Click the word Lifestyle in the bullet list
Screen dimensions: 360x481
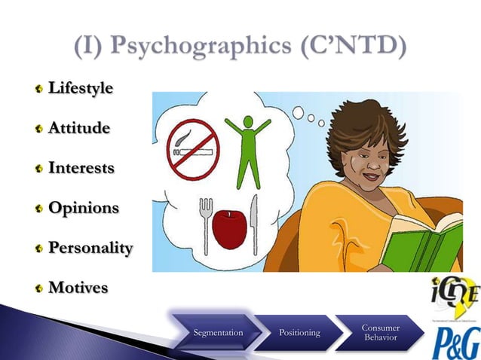tap(81, 88)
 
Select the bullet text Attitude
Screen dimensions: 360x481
tap(79, 128)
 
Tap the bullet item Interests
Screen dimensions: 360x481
tap(81, 168)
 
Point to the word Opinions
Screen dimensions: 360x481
tap(83, 208)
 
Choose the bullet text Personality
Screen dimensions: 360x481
tap(90, 248)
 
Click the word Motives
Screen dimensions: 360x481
tap(78, 288)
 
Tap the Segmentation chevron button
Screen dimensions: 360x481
tap(218, 332)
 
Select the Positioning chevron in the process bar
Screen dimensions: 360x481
tap(299, 332)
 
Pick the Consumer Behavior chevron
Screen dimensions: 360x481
tap(381, 332)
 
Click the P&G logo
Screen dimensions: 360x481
tap(455, 341)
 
